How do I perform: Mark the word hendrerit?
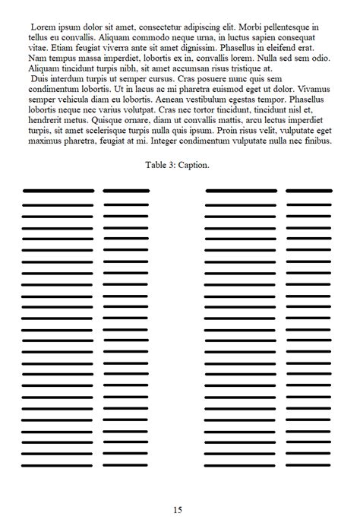pos(49,120)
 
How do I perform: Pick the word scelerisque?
pos(103,130)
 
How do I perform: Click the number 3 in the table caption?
pos(174,165)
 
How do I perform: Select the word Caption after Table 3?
pos(195,165)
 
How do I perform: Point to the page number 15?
pos(178,510)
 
